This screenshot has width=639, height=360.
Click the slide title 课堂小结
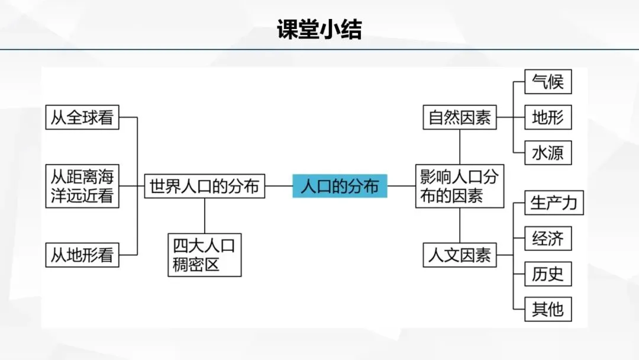319,29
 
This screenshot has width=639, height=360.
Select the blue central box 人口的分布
340,187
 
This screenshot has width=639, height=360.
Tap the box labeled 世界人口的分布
204,187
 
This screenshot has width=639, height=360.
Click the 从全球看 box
82,117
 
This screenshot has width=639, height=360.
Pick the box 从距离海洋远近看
82,186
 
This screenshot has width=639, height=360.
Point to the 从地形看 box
82,255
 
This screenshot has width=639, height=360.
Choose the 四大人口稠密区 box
205,255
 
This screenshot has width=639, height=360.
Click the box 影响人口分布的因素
460,186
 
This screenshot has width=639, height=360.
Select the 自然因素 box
460,117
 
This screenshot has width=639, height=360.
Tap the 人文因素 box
460,255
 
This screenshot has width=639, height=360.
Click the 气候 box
548,82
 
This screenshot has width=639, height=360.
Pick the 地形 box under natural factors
548,117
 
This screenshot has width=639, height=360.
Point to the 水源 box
548,153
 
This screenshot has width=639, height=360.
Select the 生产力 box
554,203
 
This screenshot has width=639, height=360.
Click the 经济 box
548,239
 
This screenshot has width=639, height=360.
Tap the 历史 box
548,274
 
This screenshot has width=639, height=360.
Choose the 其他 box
548,309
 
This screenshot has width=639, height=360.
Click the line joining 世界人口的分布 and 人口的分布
279,187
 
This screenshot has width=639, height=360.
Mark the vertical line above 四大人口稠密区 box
205,216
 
